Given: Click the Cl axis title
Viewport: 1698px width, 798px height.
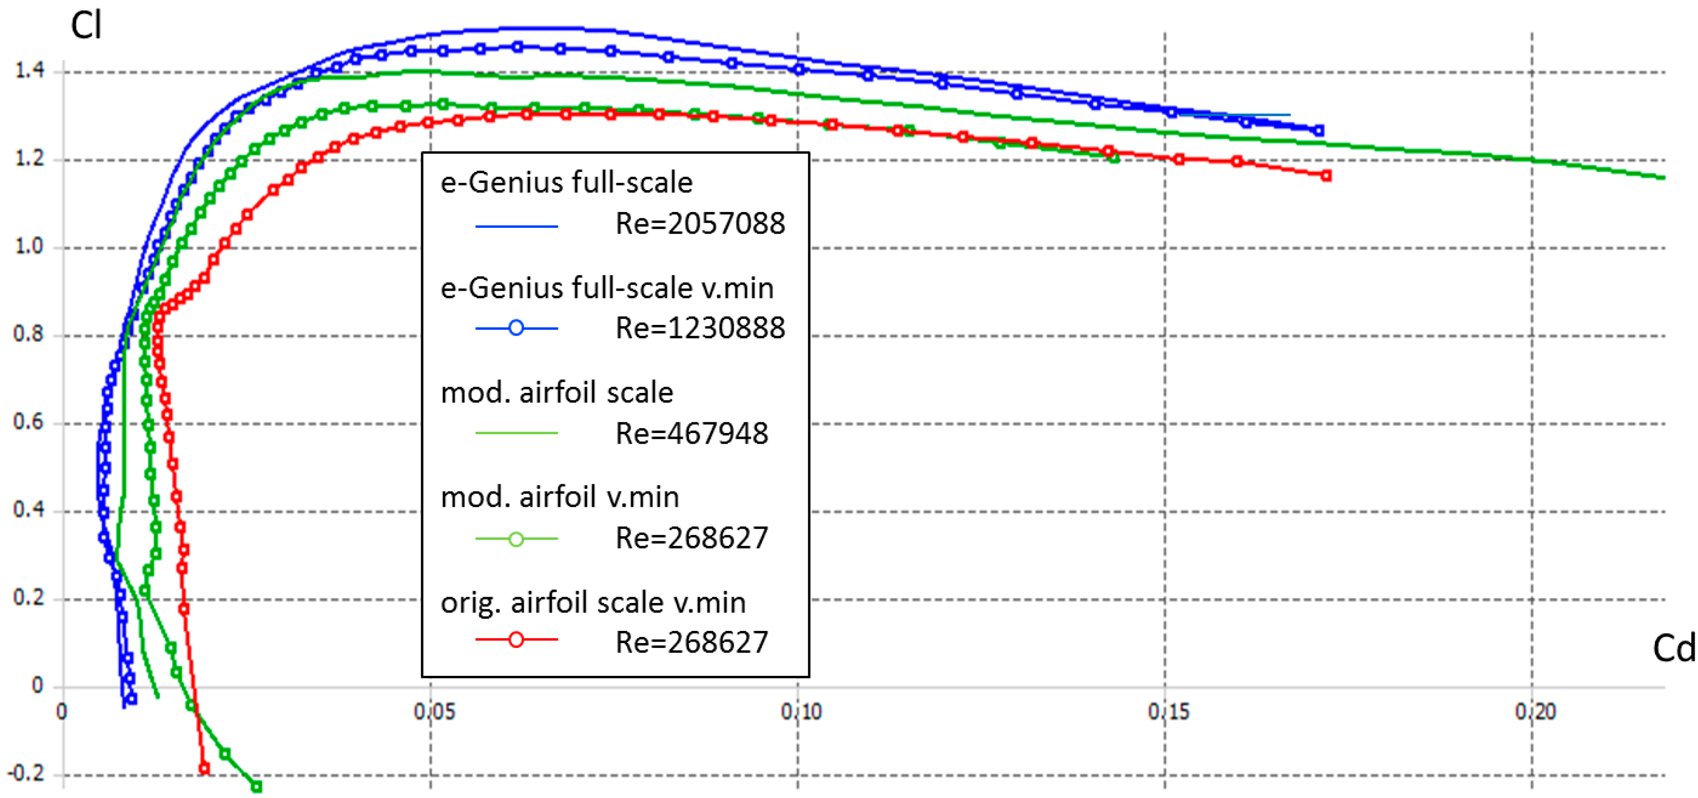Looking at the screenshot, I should tap(86, 27).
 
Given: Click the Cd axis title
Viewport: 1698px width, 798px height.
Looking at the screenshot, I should tap(1673, 648).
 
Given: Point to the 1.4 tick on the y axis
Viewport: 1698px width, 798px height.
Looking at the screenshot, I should tap(29, 70).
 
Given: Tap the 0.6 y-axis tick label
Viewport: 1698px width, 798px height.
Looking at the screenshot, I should tap(29, 421).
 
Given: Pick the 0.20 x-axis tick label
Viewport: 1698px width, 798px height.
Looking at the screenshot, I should tap(1535, 712).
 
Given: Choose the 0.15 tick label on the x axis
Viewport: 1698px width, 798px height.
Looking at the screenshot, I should tap(1168, 712).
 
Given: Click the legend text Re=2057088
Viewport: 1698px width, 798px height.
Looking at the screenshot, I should tap(700, 224).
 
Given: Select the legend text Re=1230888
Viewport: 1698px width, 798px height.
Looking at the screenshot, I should tap(700, 328).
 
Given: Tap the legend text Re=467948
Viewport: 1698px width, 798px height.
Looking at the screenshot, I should tap(691, 434).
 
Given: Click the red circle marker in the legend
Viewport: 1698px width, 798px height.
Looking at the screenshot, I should tap(516, 640).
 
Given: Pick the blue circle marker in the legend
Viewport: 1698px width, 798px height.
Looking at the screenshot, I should tap(516, 328).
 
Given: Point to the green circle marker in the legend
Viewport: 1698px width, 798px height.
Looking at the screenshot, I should tap(516, 539).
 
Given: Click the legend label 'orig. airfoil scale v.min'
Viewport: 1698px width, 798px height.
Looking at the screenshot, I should tap(593, 602).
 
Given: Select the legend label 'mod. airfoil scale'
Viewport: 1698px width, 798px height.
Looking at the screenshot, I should tap(556, 392).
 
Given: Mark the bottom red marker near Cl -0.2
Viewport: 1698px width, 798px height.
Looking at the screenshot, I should tap(204, 769).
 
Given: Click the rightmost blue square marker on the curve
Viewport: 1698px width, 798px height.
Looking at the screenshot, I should tap(1318, 130).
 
